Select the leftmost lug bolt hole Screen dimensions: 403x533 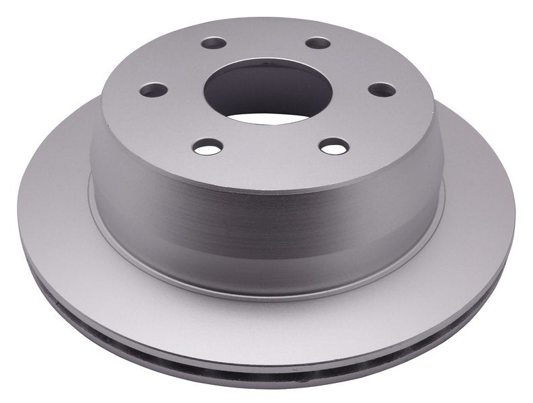coord(154,89)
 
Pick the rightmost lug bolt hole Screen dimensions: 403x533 coord(382,89)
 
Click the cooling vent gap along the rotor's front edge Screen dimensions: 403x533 coord(269,344)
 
